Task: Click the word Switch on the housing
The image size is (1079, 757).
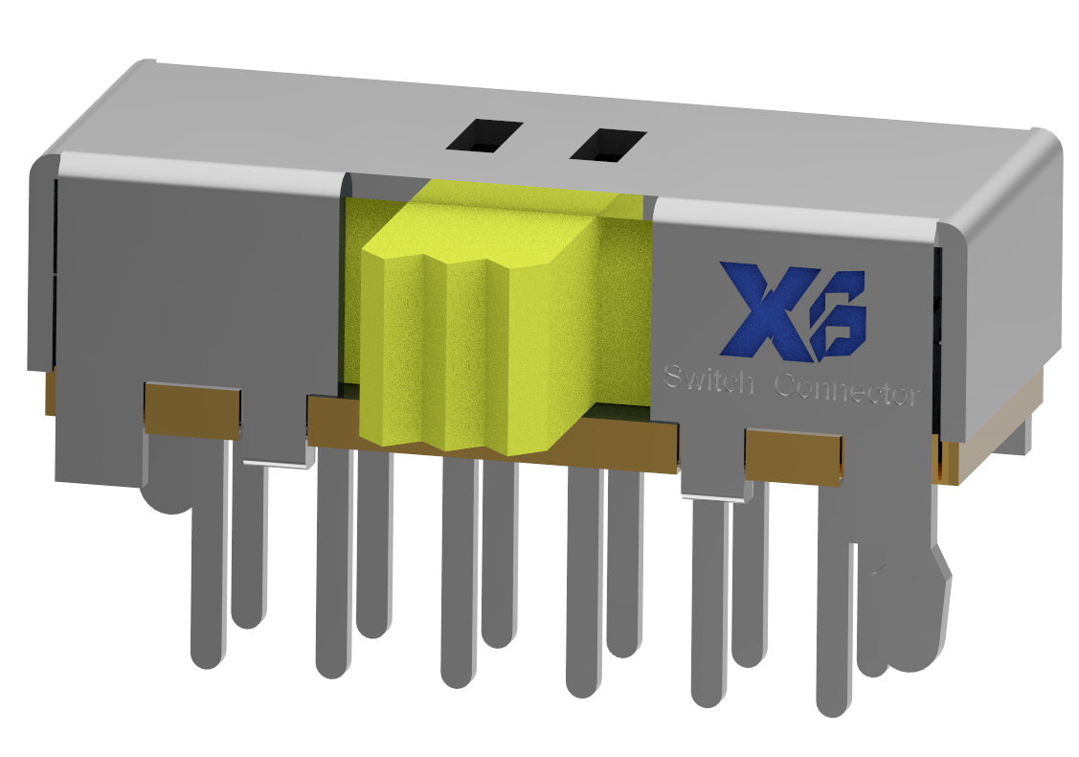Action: point(709,380)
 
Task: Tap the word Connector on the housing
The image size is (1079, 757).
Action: point(846,390)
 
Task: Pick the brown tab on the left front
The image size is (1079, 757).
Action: point(191,408)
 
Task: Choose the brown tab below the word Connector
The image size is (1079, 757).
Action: point(794,456)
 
